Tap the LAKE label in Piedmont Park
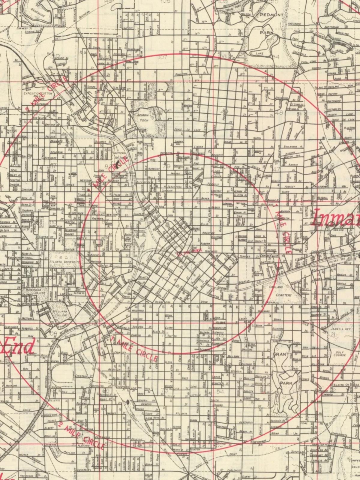pos(259,53)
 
